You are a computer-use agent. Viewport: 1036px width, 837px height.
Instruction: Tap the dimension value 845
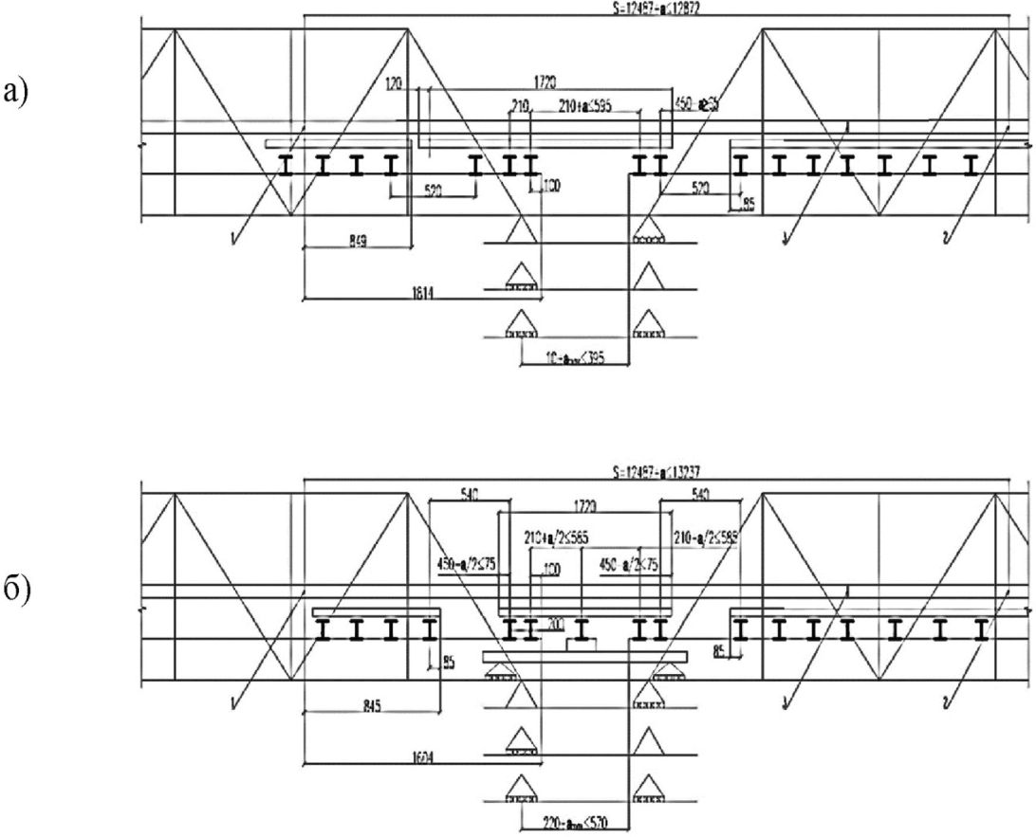[348, 705]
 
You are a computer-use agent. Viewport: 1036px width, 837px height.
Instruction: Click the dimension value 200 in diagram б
[556, 625]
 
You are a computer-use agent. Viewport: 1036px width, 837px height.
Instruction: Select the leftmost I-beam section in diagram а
[285, 167]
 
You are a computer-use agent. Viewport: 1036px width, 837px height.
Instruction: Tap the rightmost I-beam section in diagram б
[982, 629]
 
